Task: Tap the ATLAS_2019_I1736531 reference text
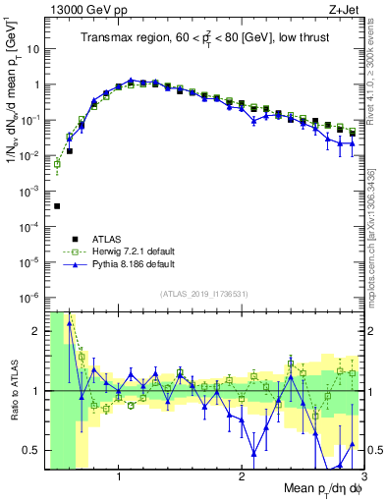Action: [201, 294]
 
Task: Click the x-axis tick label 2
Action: [242, 476]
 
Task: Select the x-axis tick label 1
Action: [119, 476]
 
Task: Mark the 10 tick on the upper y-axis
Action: [32, 49]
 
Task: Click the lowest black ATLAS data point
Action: [57, 206]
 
